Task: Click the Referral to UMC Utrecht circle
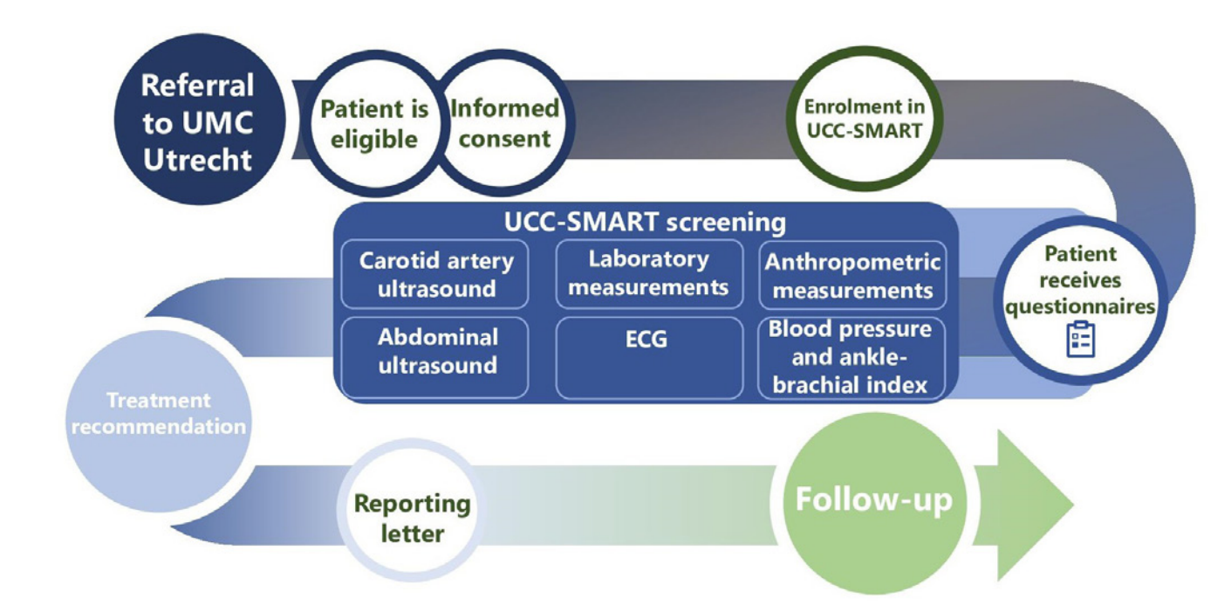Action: coord(197,122)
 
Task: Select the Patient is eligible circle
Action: coord(374,124)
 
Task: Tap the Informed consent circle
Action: coord(505,123)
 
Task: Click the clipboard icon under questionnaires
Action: coord(1081,339)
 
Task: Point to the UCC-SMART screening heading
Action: coord(646,222)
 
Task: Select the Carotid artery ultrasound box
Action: coord(434,274)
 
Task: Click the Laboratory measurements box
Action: coord(648,273)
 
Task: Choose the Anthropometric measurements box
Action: coord(851,275)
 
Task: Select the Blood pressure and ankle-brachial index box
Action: coord(851,357)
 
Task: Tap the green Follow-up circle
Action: coord(872,502)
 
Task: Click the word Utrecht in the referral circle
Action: coord(197,161)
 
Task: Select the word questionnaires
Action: coord(1081,306)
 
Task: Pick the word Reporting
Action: coord(412,504)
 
